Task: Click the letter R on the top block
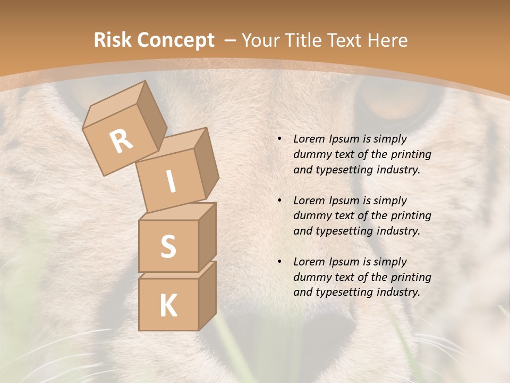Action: click(x=121, y=141)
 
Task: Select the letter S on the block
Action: click(x=168, y=246)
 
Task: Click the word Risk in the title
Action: click(x=112, y=40)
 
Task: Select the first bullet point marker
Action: click(x=279, y=139)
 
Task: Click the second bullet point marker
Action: click(x=279, y=201)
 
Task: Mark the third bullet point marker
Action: click(x=279, y=262)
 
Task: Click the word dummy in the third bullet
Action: click(x=311, y=277)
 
